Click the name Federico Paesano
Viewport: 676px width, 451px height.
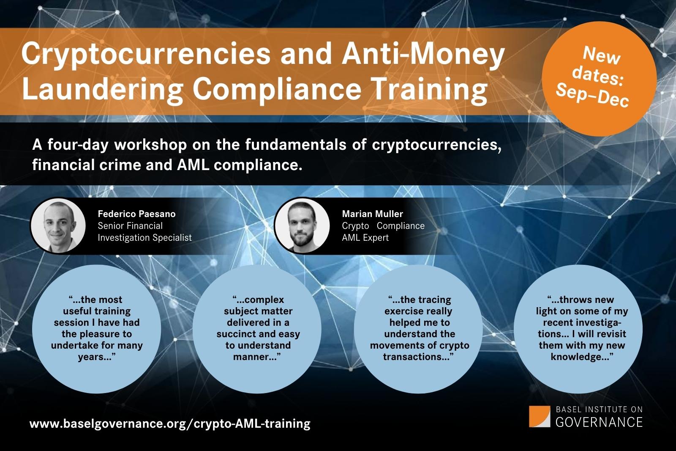[x=136, y=214]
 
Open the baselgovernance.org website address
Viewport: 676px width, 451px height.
[x=170, y=423]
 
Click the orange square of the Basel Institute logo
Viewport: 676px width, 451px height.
[x=540, y=416]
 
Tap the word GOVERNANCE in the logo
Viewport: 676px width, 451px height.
[x=599, y=422]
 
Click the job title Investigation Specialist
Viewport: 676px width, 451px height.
[x=144, y=238]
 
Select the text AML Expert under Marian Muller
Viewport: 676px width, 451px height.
[x=365, y=238]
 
